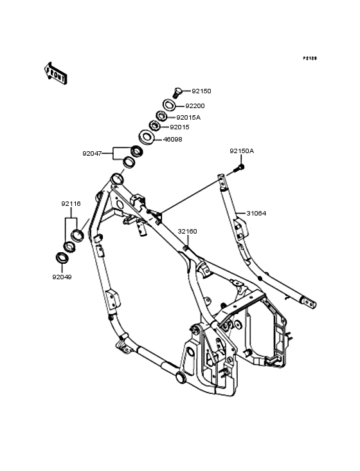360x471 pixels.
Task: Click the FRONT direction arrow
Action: pos(55,73)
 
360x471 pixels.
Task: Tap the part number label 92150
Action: pos(201,91)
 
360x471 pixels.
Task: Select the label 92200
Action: pos(195,106)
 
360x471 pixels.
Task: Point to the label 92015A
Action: pos(188,118)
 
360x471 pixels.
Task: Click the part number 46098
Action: pos(172,140)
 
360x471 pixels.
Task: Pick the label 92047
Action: pos(92,154)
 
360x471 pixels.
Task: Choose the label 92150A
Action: pos(242,151)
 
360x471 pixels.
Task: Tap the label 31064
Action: pos(256,213)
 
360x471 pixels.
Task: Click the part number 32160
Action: pos(187,231)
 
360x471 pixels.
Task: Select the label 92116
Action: pos(71,204)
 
